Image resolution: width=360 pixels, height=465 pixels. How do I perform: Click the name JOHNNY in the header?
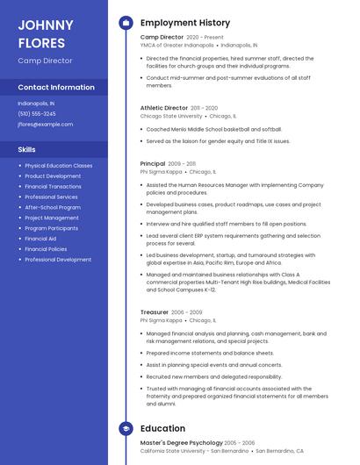[46, 24]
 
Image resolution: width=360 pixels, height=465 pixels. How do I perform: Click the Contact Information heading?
[56, 87]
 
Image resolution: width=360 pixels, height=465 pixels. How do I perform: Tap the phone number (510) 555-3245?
[37, 113]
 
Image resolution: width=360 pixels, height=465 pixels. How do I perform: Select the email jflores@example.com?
[46, 125]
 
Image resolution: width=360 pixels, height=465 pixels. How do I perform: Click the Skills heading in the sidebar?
[27, 149]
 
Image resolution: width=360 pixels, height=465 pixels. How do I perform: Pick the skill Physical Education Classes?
[58, 165]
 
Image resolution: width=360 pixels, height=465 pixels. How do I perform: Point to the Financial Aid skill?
[40, 239]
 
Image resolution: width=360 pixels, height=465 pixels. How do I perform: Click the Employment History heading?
[185, 23]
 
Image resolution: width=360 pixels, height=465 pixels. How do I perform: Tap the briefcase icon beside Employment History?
[126, 23]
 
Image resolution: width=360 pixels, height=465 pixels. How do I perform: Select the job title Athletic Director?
[164, 107]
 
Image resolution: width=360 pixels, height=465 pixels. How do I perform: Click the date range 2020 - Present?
[205, 38]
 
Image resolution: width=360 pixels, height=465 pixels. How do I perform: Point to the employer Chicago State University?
[170, 116]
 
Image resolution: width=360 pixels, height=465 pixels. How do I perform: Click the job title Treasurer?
[155, 312]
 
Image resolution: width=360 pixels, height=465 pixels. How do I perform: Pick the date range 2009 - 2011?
[182, 164]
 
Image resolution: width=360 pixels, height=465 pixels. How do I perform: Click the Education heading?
[162, 428]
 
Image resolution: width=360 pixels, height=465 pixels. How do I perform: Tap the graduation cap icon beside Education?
[126, 428]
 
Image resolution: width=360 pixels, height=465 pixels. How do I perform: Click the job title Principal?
[153, 164]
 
